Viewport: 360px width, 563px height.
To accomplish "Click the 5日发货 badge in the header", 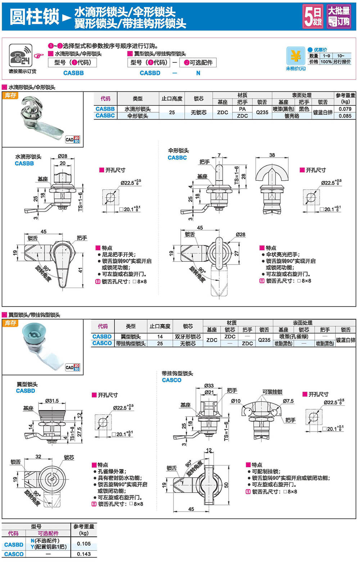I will (x=313, y=16).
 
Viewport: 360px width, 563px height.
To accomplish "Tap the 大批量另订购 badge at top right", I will (x=338, y=16).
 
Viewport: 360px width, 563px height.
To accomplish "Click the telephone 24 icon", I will (x=21, y=55).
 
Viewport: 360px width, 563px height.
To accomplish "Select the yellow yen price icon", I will (x=296, y=57).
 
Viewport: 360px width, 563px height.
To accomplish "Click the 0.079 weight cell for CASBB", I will (x=345, y=109).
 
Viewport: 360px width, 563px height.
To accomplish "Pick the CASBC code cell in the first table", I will (x=105, y=116).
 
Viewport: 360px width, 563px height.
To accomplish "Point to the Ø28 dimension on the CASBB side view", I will (x=63, y=156).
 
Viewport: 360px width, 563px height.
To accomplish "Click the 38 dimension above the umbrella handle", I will (x=272, y=155).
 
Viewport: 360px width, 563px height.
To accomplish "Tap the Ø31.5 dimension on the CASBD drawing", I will (x=52, y=401).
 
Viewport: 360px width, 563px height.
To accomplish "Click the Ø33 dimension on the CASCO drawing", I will (x=209, y=386).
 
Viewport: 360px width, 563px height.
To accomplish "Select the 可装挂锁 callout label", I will (x=272, y=392).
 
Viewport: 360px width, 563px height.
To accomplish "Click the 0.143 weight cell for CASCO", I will (x=84, y=554).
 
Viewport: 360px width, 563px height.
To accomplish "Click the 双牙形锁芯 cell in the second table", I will (x=188, y=337).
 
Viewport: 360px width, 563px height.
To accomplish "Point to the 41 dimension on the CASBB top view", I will (x=81, y=270).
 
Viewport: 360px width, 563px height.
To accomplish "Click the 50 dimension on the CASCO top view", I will (x=226, y=485).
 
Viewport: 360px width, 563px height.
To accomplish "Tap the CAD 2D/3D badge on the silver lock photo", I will (x=72, y=139).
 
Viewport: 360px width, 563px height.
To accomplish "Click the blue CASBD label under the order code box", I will (x=150, y=73).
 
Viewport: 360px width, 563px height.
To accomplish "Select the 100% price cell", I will (x=326, y=62).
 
